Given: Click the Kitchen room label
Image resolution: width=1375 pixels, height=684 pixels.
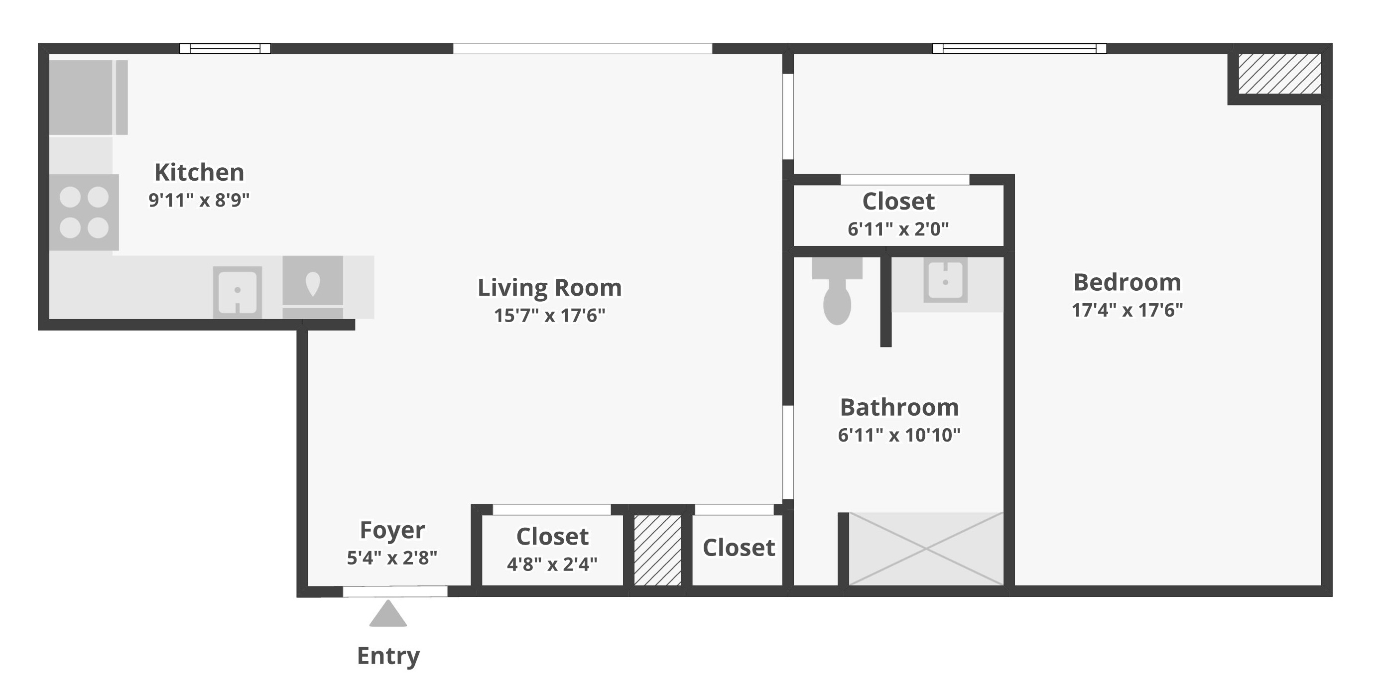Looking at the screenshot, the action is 199,172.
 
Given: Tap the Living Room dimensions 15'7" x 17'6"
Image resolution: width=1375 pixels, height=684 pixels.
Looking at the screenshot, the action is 550,315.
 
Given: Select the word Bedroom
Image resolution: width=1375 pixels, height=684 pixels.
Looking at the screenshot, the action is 1127,282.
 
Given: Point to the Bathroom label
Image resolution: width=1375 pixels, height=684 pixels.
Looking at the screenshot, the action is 899,407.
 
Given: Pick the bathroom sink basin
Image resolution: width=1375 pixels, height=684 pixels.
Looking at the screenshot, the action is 945,280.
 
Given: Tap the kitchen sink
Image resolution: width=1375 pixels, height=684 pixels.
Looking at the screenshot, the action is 238,292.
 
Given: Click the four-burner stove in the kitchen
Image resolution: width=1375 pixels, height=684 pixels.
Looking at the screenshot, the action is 84,213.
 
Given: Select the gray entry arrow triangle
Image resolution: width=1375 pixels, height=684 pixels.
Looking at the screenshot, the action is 388,614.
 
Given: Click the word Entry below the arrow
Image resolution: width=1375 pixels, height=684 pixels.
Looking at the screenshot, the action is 388,656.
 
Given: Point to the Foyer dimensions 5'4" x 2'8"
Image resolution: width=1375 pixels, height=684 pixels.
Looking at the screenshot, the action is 392,558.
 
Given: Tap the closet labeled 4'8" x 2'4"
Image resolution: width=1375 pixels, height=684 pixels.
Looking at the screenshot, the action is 552,550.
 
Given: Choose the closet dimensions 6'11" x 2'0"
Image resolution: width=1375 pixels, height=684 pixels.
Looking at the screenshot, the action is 898,229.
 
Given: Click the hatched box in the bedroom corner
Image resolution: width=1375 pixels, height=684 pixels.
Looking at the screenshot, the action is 1280,74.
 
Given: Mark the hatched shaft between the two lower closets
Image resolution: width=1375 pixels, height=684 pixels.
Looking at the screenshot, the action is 657,550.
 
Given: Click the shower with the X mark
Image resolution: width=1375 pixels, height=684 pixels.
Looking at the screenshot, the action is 926,549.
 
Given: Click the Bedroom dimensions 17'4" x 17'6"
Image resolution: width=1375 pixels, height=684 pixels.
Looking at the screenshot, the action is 1127,310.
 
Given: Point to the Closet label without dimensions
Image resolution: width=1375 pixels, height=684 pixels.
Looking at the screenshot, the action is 739,548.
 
